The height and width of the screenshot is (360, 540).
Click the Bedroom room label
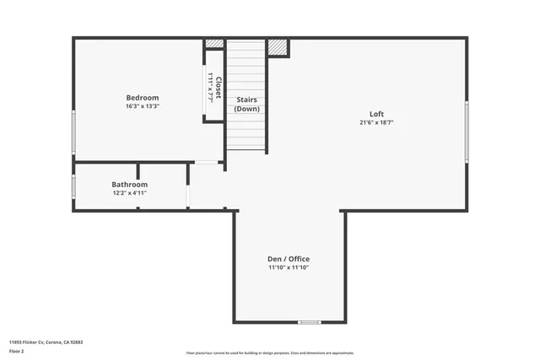[143, 98]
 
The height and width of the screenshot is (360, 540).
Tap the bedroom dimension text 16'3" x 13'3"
[143, 107]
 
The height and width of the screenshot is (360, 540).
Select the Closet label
[218, 88]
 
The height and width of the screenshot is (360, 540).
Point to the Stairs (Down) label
[247, 104]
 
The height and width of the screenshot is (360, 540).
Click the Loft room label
[376, 114]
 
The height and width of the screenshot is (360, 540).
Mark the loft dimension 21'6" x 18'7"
[376, 123]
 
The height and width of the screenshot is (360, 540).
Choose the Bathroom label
[130, 185]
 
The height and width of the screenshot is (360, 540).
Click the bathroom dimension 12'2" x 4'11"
[130, 193]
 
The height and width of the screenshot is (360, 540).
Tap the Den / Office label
[289, 259]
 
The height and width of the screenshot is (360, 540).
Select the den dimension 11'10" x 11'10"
[289, 268]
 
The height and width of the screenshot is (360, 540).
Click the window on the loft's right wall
[467, 132]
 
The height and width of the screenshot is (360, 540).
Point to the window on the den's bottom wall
[310, 322]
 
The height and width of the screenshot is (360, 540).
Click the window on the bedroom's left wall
[73, 133]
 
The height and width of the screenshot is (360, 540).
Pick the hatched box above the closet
[215, 44]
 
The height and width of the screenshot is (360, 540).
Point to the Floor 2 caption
[18, 351]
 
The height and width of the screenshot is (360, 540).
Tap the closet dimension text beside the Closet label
[209, 88]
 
